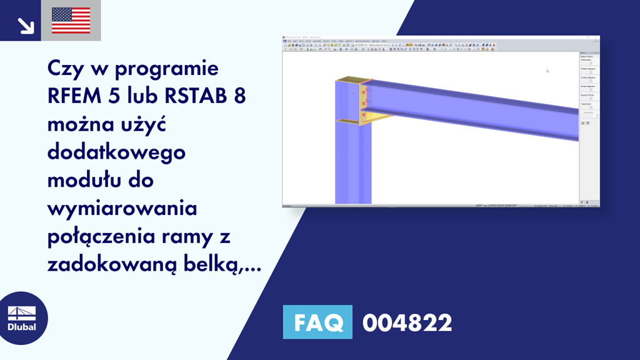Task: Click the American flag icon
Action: pos(71,21)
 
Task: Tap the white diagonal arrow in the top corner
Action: pos(26,24)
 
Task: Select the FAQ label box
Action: pos(317,323)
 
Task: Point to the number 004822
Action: pos(407,323)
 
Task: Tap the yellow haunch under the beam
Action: pos(377,117)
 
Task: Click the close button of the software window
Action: pos(597,37)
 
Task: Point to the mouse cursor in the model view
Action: pos(547,71)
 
